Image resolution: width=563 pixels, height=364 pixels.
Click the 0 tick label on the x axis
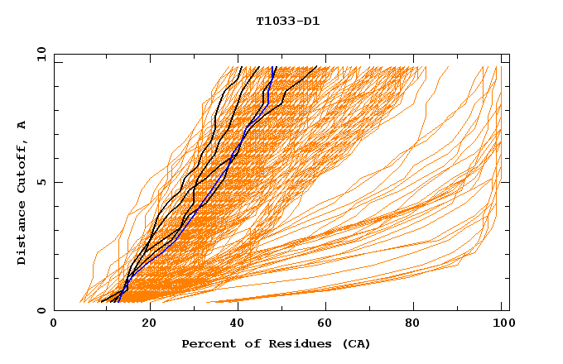click(x=54, y=324)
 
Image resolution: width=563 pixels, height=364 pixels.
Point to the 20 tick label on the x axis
click(x=150, y=324)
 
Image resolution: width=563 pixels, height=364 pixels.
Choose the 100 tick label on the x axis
click(x=501, y=324)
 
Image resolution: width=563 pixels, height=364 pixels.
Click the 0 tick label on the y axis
click(x=41, y=310)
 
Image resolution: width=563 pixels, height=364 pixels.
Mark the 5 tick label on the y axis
click(x=41, y=182)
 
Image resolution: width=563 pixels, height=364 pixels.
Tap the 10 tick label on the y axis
click(x=38, y=54)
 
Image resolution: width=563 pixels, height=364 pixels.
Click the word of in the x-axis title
click(x=247, y=343)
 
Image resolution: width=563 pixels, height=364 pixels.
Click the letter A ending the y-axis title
click(x=22, y=125)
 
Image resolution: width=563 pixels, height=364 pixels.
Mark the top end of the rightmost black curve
click(x=316, y=67)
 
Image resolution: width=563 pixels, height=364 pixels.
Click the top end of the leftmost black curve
click(x=240, y=67)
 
